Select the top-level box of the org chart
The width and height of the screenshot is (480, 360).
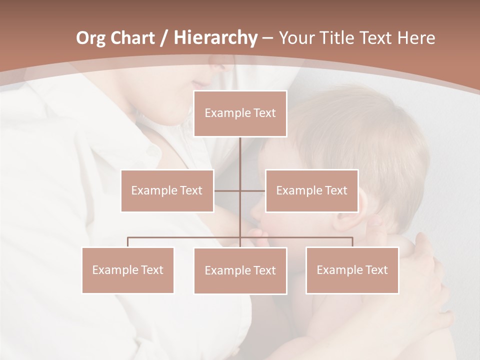pyautogui.click(x=240, y=113)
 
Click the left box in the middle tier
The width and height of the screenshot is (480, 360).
pyautogui.click(x=167, y=190)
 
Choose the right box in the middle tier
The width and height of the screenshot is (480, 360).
pyautogui.click(x=311, y=190)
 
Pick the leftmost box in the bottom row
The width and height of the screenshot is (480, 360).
pyautogui.click(x=128, y=270)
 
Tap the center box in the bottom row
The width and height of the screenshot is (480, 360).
pyautogui.click(x=240, y=270)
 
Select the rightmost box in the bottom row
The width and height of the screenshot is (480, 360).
pyautogui.click(x=352, y=270)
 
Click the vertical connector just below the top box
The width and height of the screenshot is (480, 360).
pyautogui.click(x=240, y=152)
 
